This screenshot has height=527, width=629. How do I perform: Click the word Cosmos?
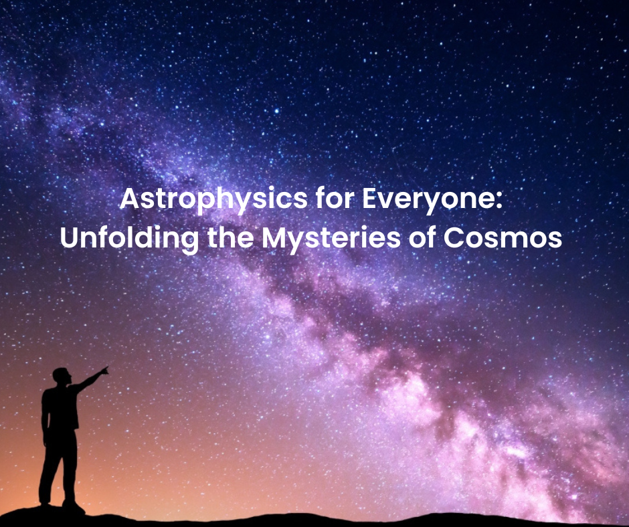tap(503, 238)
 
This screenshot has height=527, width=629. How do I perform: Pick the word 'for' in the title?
tap(335, 198)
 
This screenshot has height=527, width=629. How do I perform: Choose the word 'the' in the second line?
tap(231, 237)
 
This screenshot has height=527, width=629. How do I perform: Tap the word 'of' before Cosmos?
tap(422, 237)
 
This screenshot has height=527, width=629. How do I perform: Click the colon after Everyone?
tap(499, 201)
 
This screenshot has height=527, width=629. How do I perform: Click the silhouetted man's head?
tap(62, 376)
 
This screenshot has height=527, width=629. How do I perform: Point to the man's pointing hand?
tap(104, 371)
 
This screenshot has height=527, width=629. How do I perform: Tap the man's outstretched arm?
tap(88, 379)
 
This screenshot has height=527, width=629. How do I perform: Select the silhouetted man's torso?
tap(60, 408)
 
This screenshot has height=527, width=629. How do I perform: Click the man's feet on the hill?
tap(62, 506)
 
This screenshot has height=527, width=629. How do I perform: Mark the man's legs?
tap(59, 467)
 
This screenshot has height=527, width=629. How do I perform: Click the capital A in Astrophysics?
tap(130, 198)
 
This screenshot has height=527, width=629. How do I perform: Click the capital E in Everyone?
tap(369, 198)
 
